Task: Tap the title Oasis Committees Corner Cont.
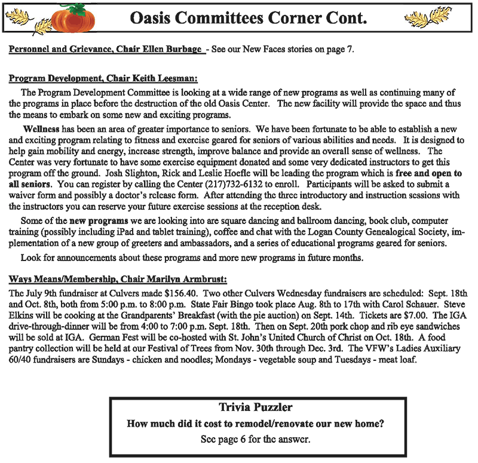tap(247, 19)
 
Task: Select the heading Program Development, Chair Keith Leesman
tap(103, 78)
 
